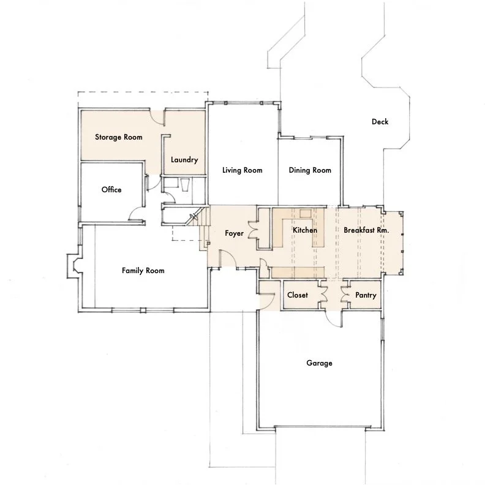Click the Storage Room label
(x=118, y=137)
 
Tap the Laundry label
(x=184, y=160)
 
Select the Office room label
(x=111, y=190)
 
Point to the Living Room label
(x=242, y=170)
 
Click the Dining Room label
(x=310, y=170)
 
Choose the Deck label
(x=380, y=122)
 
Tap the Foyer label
(x=234, y=233)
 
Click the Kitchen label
(x=305, y=230)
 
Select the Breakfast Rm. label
(x=366, y=230)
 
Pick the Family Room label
(x=143, y=271)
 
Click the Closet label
(x=297, y=295)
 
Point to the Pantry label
(x=366, y=295)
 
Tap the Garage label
(x=319, y=363)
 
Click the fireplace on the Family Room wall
(x=74, y=266)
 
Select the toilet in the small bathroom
(x=185, y=185)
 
